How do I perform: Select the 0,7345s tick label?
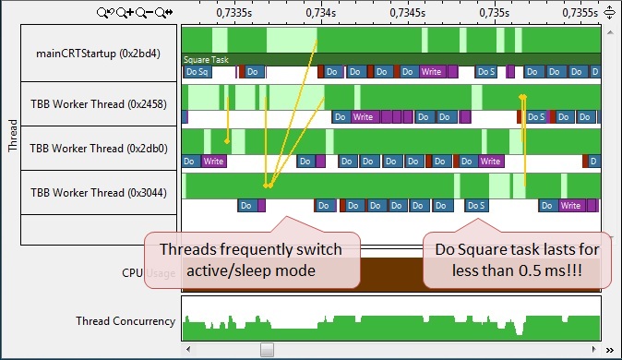tap(407, 13)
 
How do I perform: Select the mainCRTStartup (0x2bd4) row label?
tap(99, 54)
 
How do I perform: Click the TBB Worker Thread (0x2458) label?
tap(99, 104)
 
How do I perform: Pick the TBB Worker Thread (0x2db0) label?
tap(99, 149)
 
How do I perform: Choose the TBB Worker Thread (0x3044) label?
tap(99, 193)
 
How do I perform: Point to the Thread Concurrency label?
tap(126, 321)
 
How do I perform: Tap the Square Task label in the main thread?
tap(206, 59)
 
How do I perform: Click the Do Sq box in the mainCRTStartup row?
tap(197, 71)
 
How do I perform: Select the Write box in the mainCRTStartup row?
tap(431, 71)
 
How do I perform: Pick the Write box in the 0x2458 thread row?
tap(364, 117)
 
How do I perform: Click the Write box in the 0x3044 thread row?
tap(570, 206)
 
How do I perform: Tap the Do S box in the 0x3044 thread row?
tap(477, 206)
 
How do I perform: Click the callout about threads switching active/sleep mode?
tap(251, 260)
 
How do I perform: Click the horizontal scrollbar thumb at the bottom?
tap(267, 350)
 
